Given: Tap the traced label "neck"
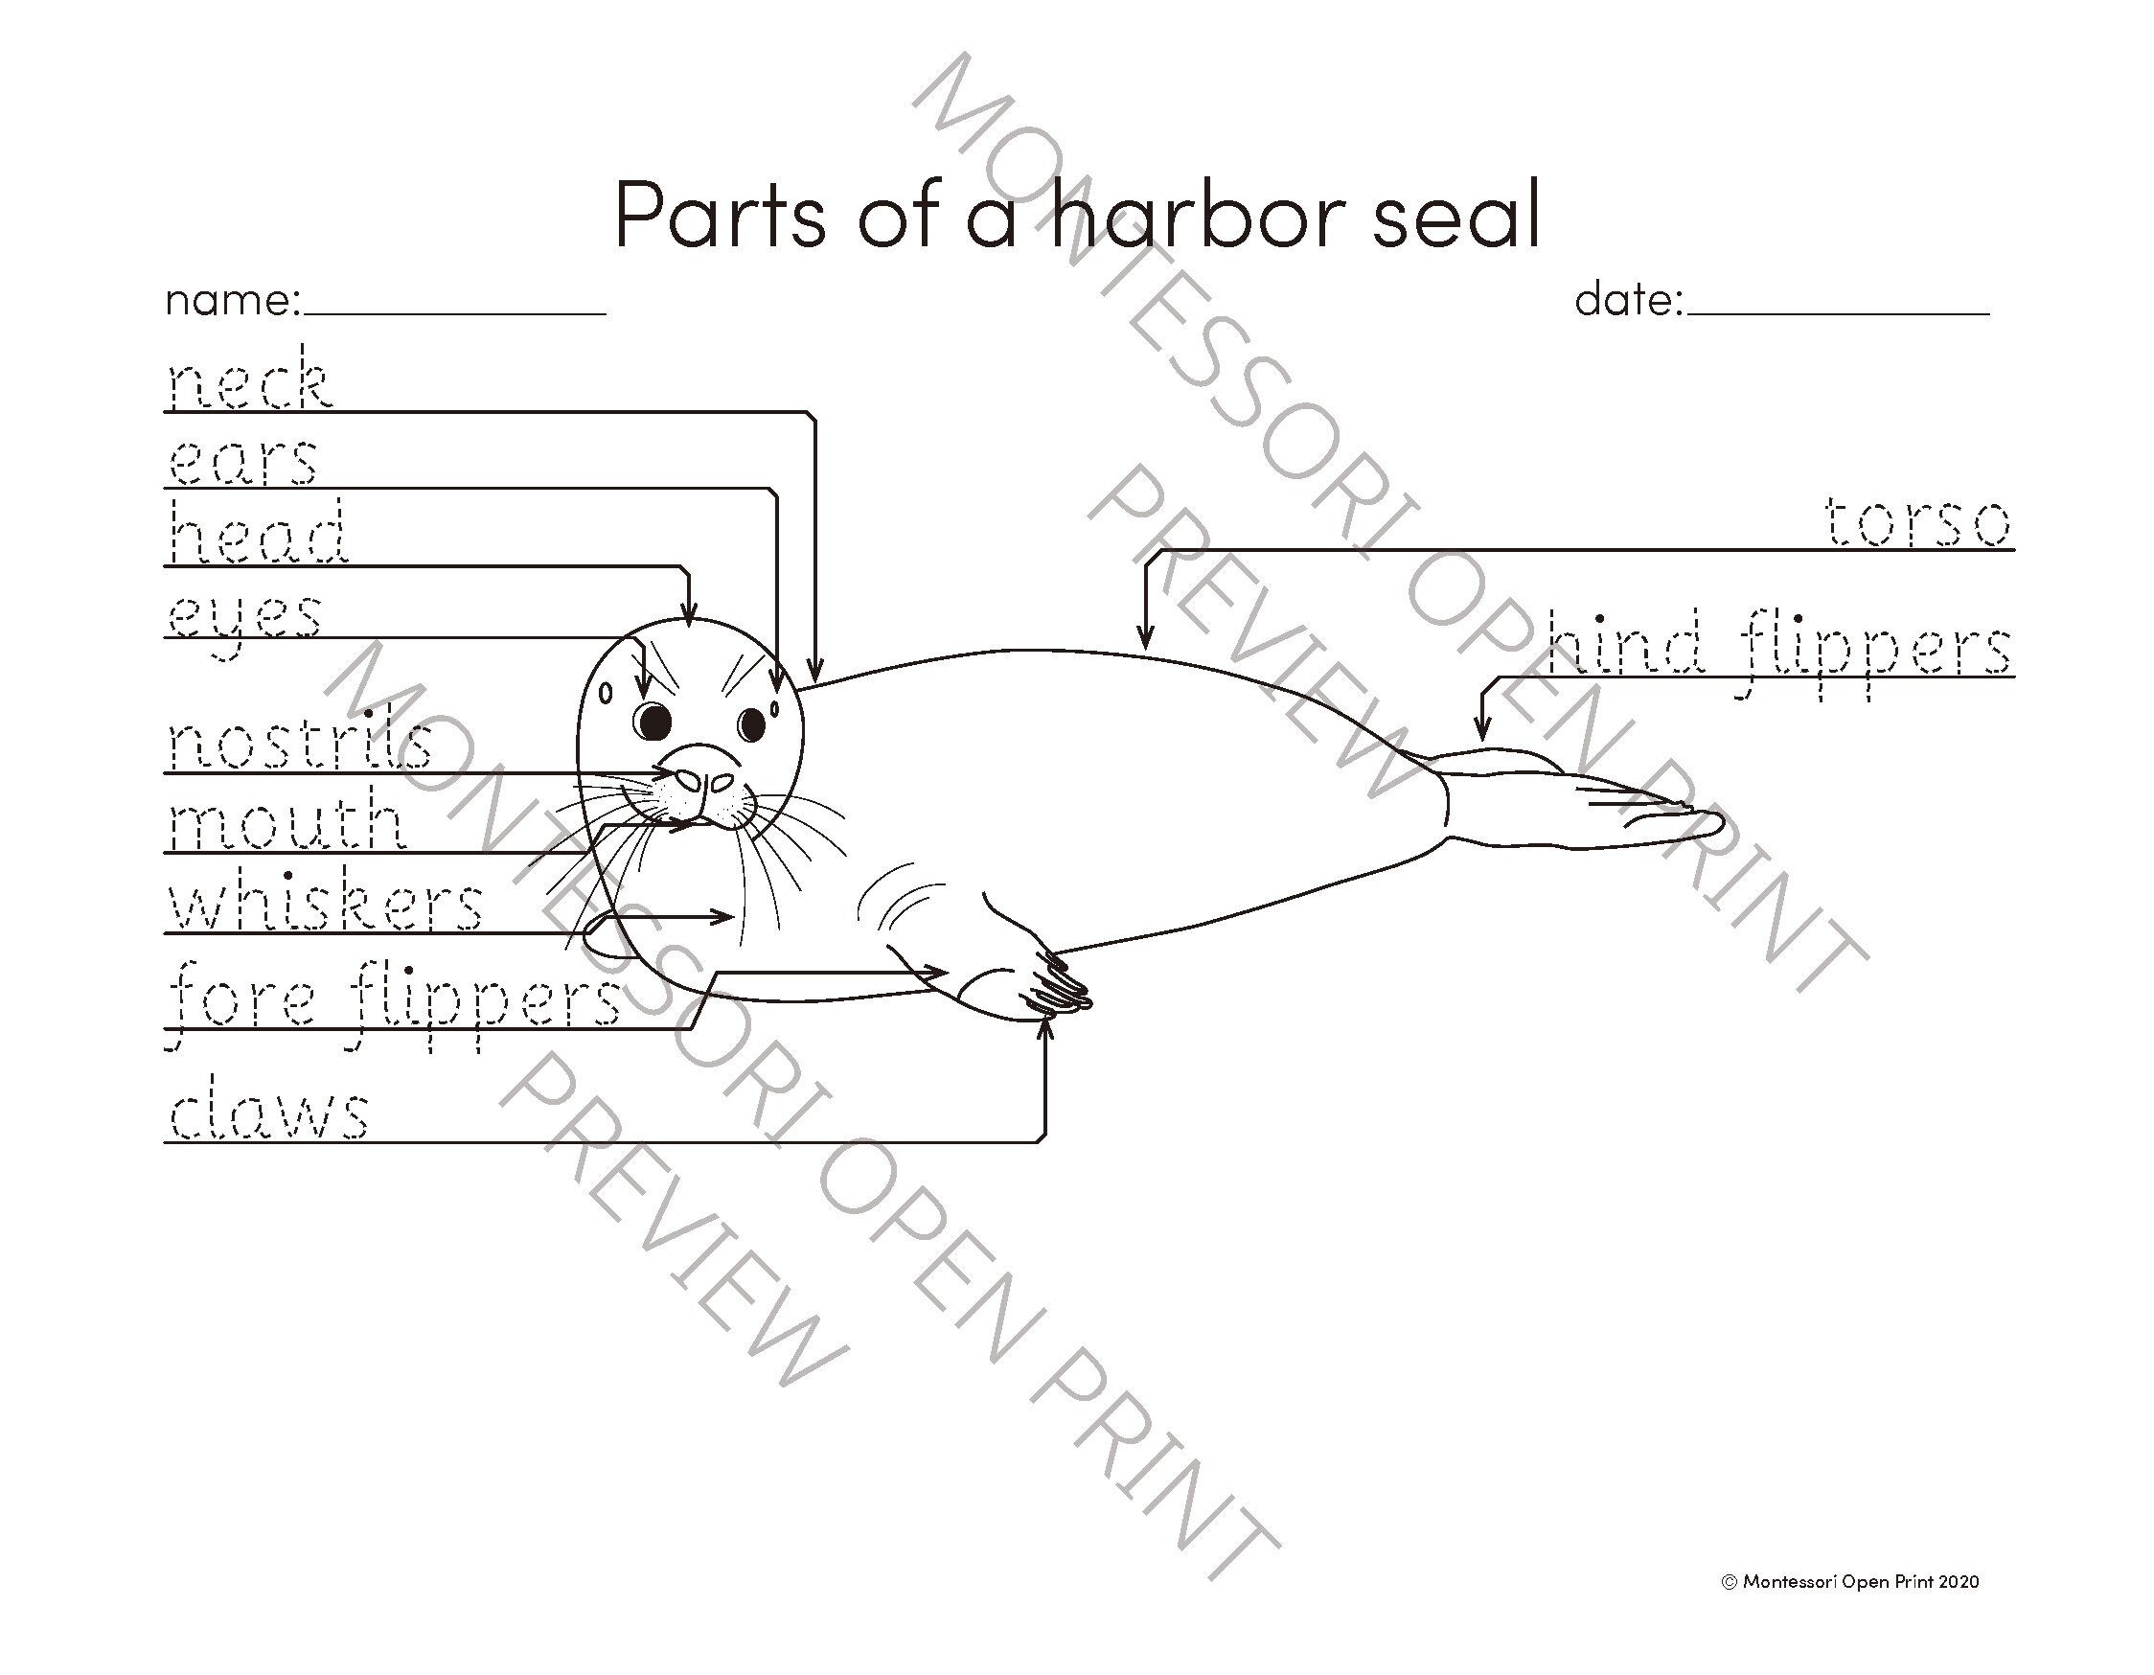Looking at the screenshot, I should coord(249,381).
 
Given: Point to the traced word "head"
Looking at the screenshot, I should coord(258,533).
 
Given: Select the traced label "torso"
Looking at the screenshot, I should coord(1916,522).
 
